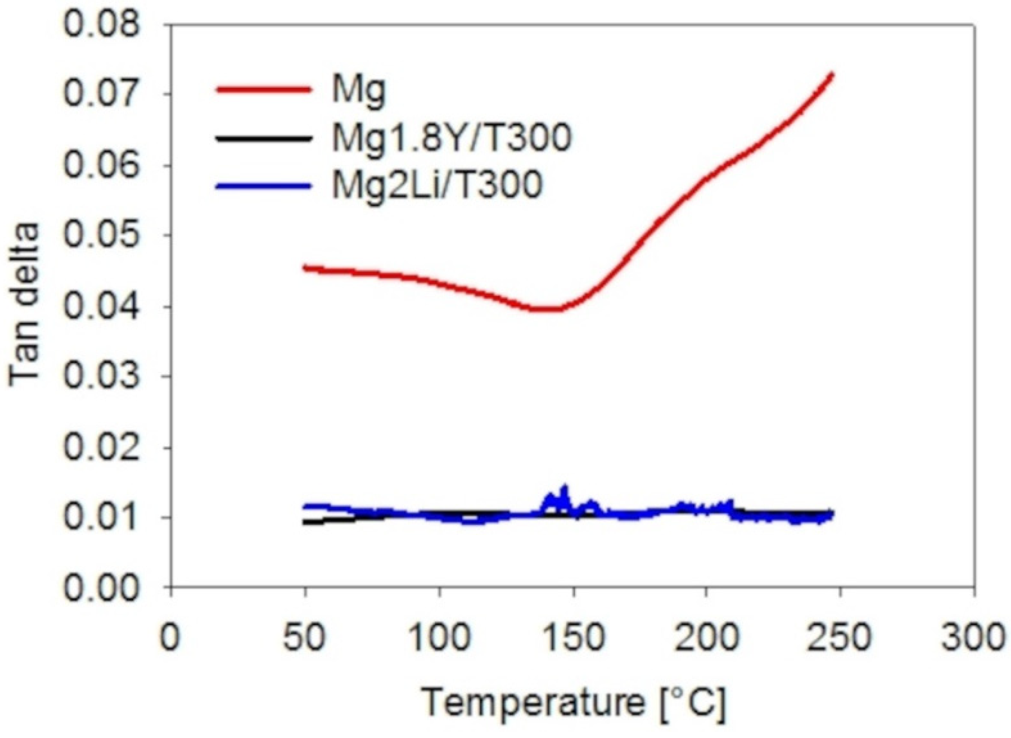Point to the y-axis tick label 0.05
[102, 236]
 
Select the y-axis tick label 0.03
[102, 377]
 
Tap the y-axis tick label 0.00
[102, 588]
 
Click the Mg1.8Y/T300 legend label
[451, 138]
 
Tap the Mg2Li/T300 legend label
[436, 185]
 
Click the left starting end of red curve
[305, 267]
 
